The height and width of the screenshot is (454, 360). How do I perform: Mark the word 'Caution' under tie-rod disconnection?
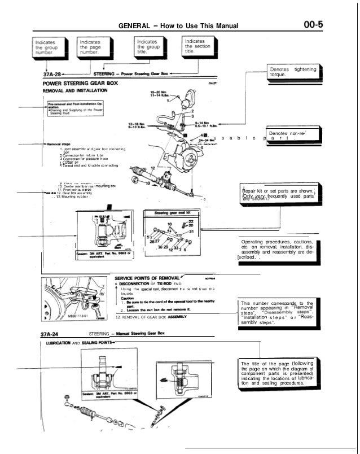coord(129,299)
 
